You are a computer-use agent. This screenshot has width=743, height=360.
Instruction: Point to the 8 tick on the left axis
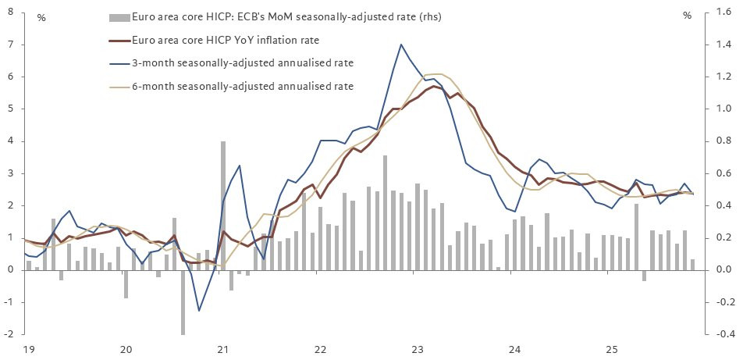[x=11, y=12]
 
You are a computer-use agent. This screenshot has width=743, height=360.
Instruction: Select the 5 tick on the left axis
[x=11, y=109]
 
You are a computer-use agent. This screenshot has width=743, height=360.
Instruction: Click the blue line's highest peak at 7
[x=400, y=45]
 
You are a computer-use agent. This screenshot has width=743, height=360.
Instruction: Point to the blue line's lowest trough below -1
[x=198, y=311]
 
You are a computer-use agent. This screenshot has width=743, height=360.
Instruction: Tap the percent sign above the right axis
[x=688, y=15]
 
